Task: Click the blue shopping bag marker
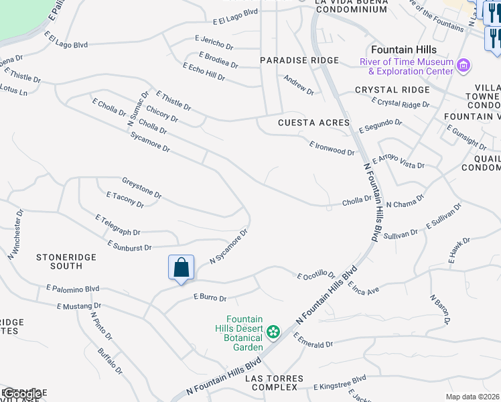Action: pos(181,268)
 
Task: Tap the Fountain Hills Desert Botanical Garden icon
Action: pos(273,332)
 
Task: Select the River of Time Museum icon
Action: pos(463,66)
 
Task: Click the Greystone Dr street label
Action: pos(141,188)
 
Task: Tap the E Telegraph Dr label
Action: pos(117,225)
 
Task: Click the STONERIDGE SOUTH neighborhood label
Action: pos(66,261)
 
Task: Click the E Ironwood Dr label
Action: pos(332,148)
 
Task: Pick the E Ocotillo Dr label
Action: pos(316,275)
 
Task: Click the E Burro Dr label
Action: pos(210,297)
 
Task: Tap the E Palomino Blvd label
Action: pos(72,289)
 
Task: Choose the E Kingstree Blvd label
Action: pos(340,383)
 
